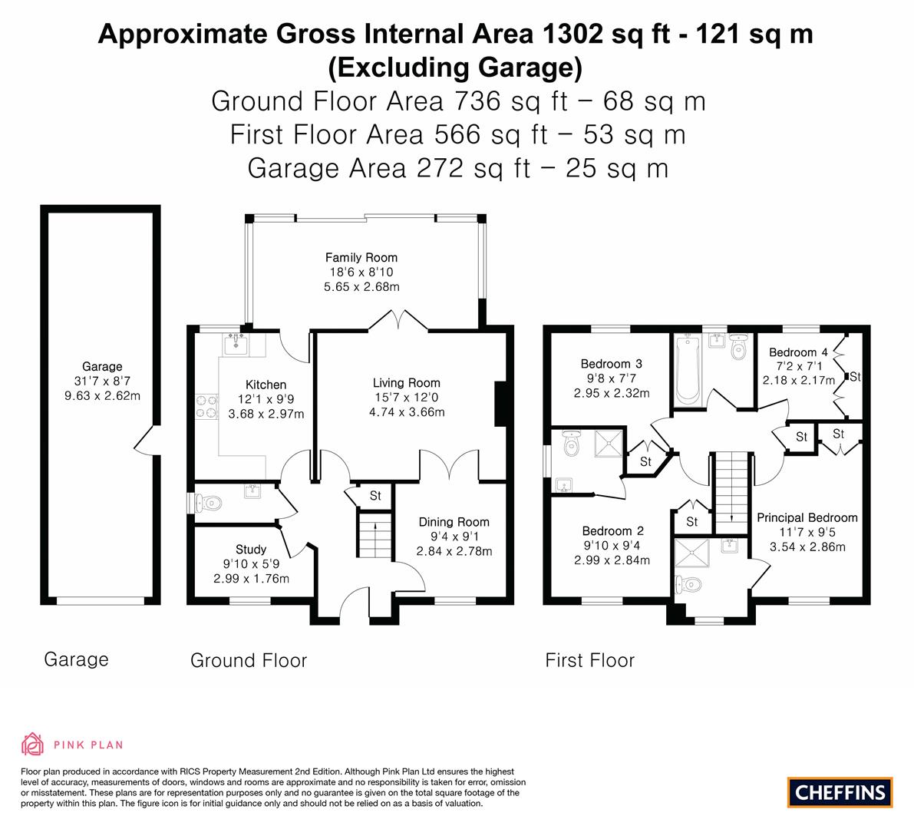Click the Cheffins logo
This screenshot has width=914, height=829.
point(840,792)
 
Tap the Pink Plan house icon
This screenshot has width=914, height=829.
point(33,744)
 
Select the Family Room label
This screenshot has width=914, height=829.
point(361,257)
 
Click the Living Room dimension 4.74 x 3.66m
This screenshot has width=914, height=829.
point(407,412)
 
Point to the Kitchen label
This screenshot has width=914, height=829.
point(266,385)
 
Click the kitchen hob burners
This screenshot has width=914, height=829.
point(206,407)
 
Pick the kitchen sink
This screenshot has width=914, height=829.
point(236,345)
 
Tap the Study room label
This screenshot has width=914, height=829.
point(251,549)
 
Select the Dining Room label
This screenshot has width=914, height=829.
point(454,522)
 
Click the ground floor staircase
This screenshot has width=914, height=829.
point(375,534)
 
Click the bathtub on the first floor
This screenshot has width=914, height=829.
point(688,369)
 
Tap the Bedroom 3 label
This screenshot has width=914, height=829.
point(612,364)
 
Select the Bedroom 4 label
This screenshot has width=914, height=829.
point(798,352)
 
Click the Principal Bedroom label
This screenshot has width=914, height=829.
point(807,517)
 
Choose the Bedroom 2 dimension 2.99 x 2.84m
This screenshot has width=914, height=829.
point(612,560)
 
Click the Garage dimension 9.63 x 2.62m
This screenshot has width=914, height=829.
point(103,396)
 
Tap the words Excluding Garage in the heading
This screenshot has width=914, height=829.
point(455,68)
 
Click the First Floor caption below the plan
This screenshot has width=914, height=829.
point(590,660)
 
